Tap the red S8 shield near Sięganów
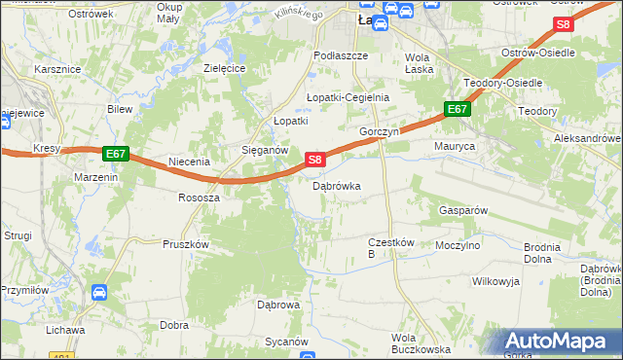314,159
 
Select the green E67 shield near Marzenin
115,154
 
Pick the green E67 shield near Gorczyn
458,110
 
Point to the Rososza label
199,197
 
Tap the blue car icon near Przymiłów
99,291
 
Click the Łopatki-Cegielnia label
348,97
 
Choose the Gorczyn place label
380,131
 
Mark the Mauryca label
454,146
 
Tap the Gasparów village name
462,210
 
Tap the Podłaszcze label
341,56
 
